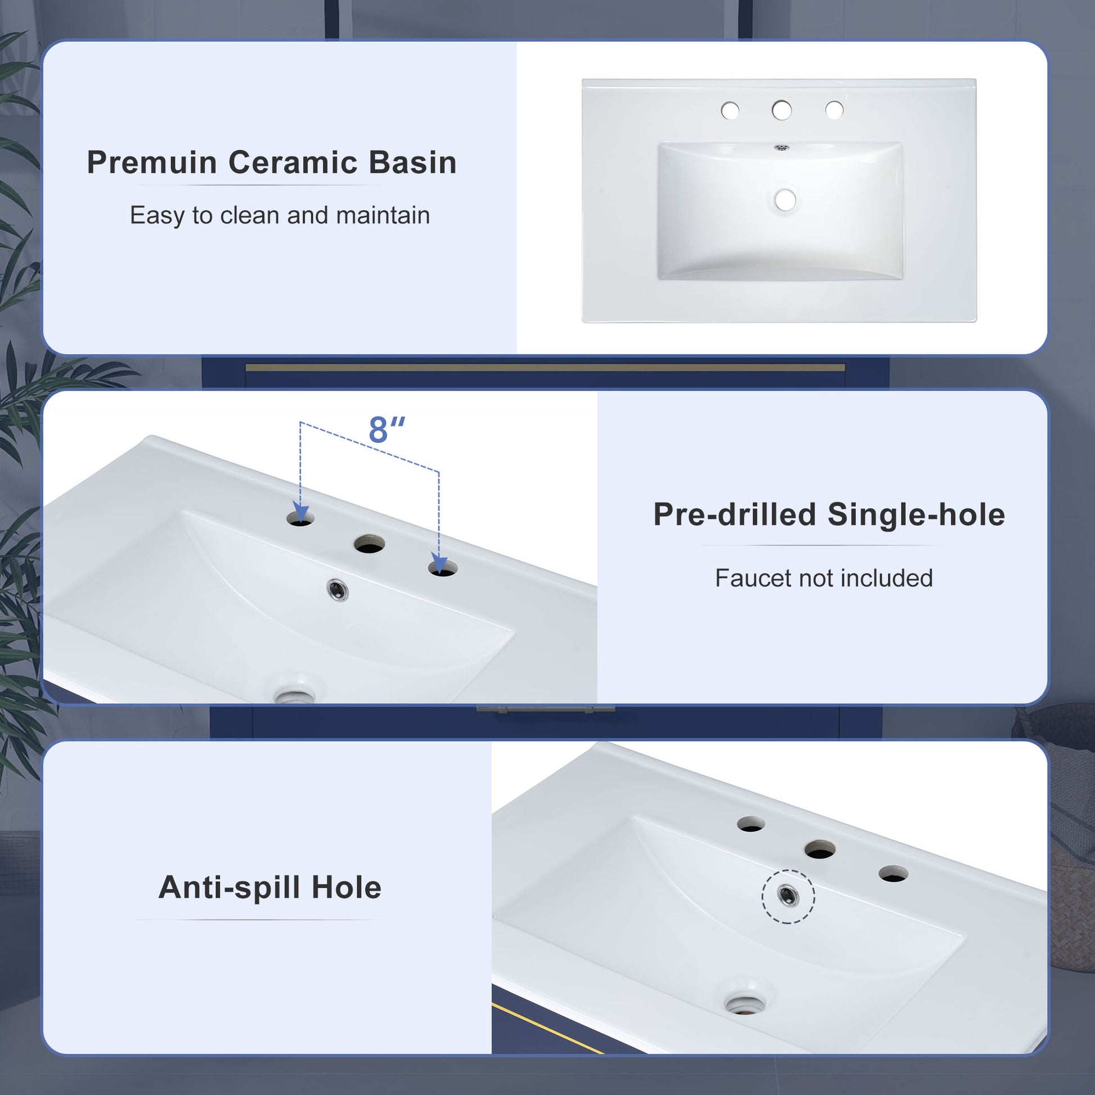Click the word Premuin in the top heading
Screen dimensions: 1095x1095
pos(152,163)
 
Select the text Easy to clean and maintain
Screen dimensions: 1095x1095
pos(280,216)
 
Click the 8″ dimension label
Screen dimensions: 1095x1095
pos(387,430)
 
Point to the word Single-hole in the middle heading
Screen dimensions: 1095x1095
pos(916,515)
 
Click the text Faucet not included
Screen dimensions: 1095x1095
pos(824,578)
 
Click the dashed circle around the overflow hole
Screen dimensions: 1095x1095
pos(788,896)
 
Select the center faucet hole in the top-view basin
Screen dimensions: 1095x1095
pos(782,110)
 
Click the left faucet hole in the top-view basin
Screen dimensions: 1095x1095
pos(730,110)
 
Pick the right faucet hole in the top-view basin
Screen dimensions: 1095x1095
pos(834,110)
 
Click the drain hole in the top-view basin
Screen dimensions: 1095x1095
pos(785,200)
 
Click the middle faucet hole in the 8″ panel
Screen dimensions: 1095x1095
pos(370,545)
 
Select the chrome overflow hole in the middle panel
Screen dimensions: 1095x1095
pos(338,591)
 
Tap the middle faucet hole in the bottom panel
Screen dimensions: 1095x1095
pos(819,850)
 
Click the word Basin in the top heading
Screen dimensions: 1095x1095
pos(412,163)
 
